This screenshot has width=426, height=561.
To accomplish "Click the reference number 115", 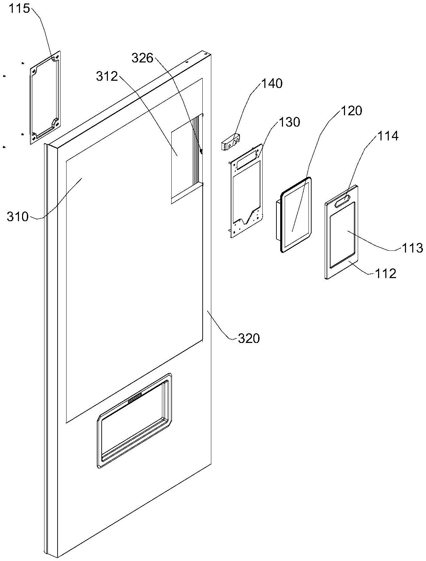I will pos(20,9).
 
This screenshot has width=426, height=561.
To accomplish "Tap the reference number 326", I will pos(142,58).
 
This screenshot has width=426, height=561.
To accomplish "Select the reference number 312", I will pos(107,76).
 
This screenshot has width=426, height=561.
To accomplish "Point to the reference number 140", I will pos(272,83).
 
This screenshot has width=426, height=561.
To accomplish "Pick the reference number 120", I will pos(351,111).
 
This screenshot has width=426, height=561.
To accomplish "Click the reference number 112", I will pos(386,273).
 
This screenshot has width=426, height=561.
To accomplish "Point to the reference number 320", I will pos(249,338).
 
